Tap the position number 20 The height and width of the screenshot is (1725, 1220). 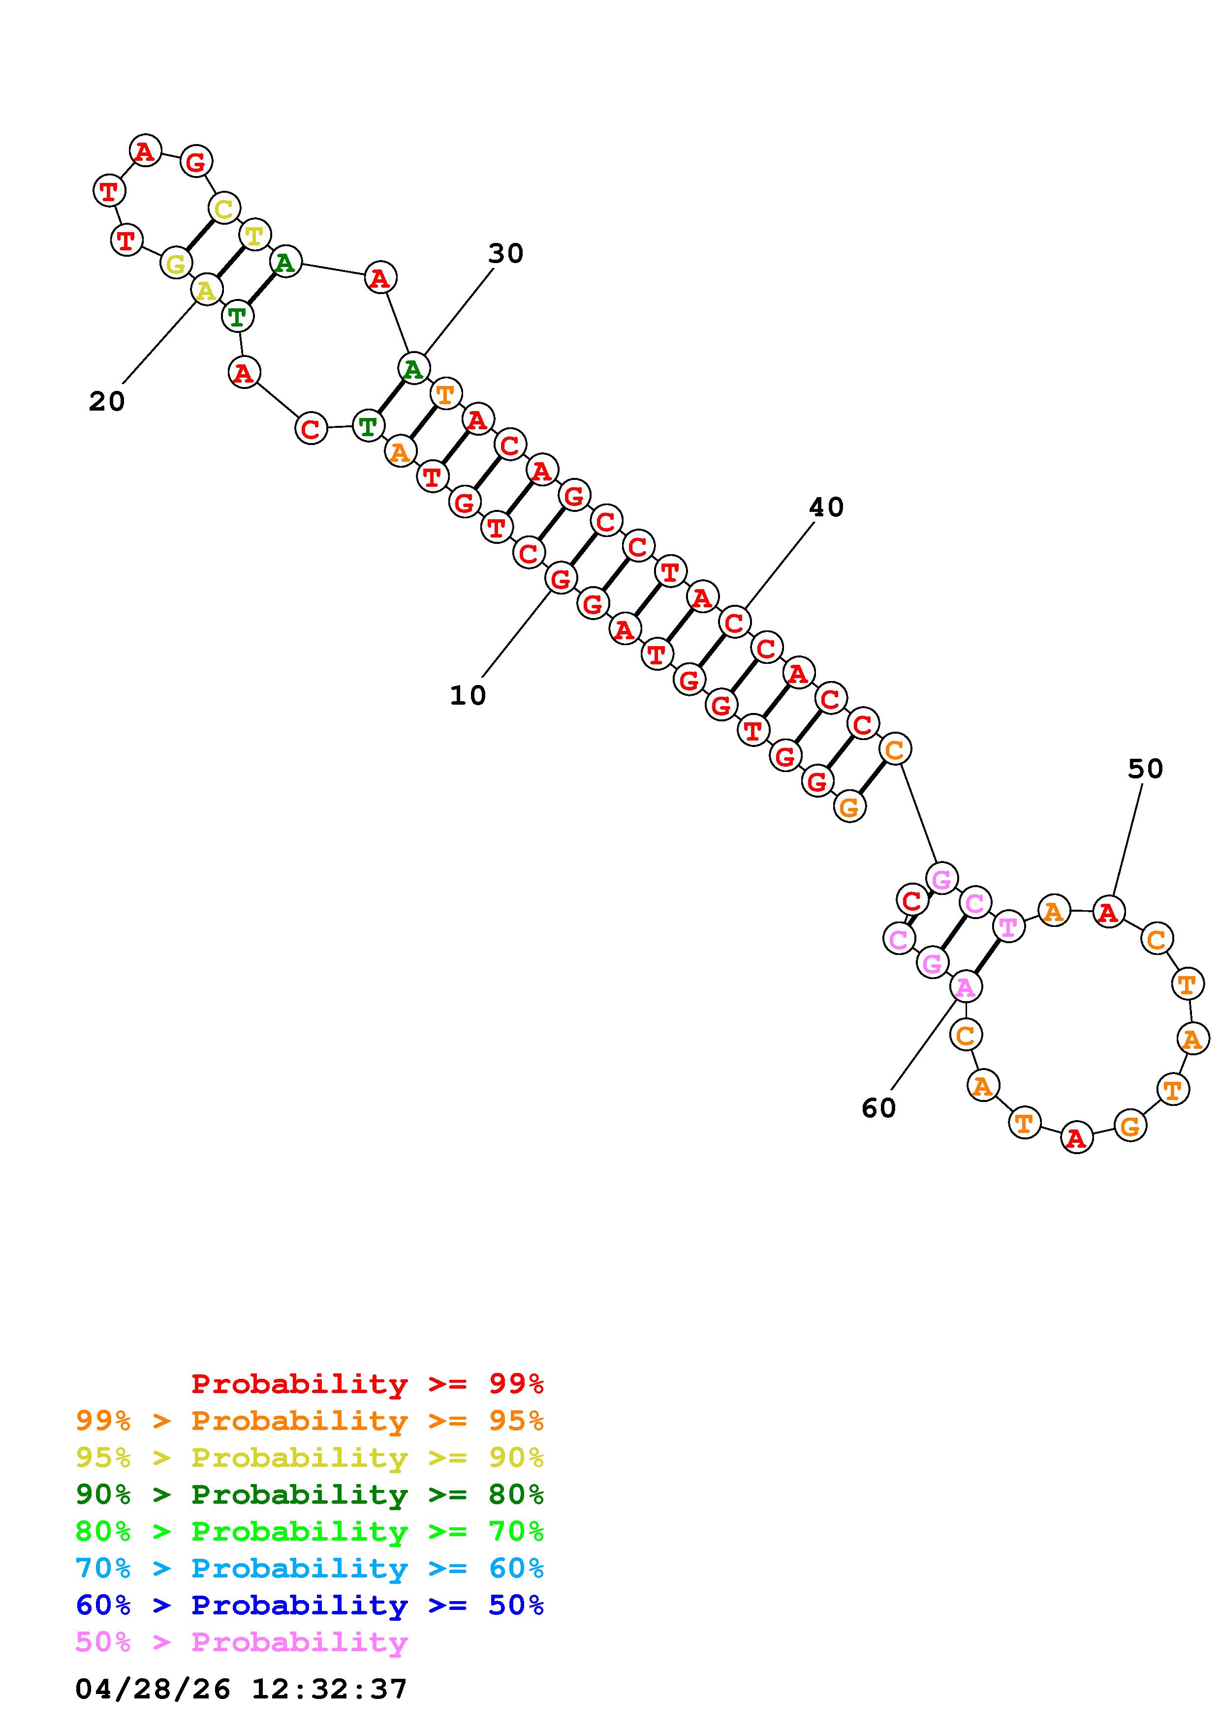point(107,401)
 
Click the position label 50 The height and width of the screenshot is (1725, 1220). point(1145,769)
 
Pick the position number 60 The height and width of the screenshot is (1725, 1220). point(879,1107)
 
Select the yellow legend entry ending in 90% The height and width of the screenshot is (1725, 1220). point(310,1457)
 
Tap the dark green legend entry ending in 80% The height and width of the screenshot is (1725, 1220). point(310,1494)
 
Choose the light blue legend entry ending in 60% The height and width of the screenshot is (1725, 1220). point(310,1568)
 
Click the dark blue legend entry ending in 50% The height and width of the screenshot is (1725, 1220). point(310,1605)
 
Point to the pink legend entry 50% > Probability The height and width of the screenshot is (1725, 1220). point(241,1641)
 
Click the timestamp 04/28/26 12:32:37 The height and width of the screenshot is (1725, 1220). point(241,1689)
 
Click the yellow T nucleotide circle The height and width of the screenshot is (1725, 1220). point(255,235)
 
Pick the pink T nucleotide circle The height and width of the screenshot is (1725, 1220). point(1007,927)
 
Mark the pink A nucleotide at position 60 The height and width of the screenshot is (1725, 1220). point(965,986)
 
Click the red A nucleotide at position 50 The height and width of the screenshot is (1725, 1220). point(1108,912)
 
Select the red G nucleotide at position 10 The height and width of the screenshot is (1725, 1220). point(561,578)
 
